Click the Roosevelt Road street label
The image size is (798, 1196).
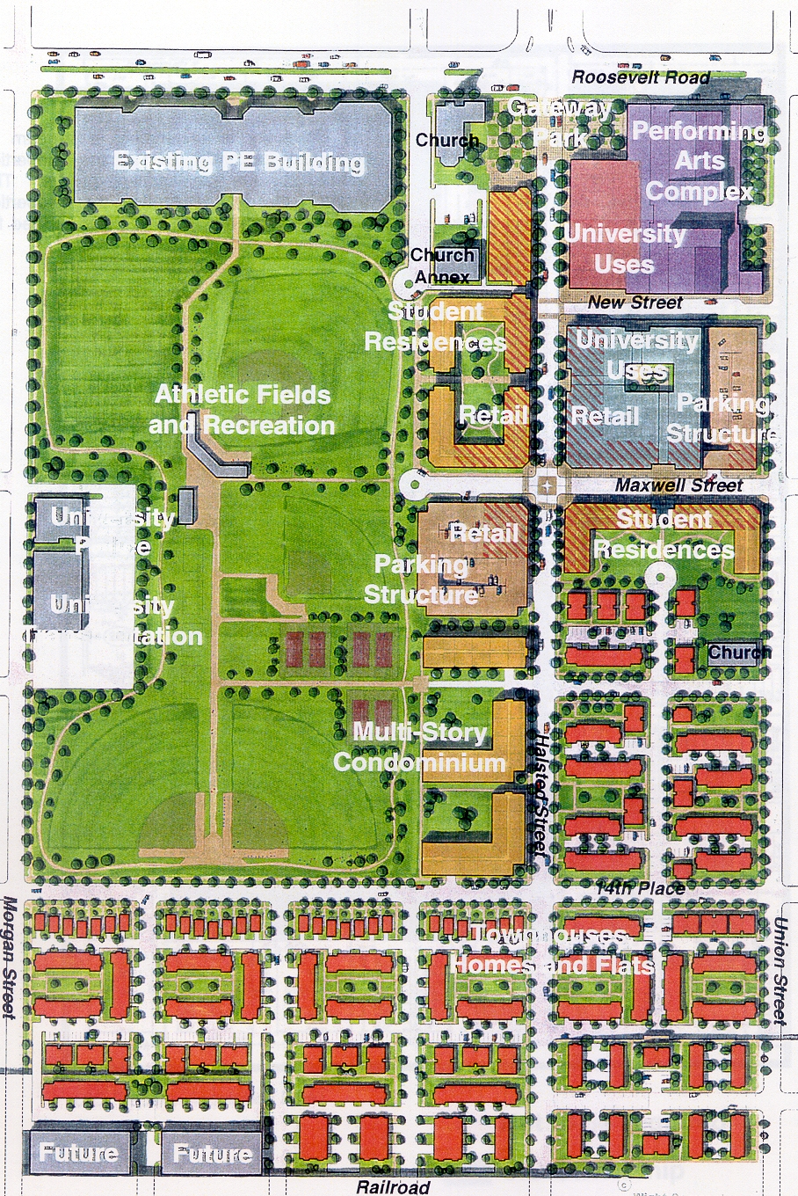click(x=640, y=77)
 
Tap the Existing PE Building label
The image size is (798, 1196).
click(x=238, y=162)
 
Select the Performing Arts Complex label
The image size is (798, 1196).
click(x=699, y=161)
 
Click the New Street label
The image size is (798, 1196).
click(x=635, y=303)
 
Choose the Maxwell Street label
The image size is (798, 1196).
click(x=678, y=485)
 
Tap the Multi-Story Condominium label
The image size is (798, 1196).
click(x=420, y=747)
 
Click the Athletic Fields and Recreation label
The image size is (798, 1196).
click(x=242, y=410)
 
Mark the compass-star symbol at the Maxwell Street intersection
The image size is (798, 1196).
click(x=548, y=485)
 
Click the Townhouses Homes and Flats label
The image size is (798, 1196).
click(x=551, y=950)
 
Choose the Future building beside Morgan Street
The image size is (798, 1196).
click(x=78, y=1152)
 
